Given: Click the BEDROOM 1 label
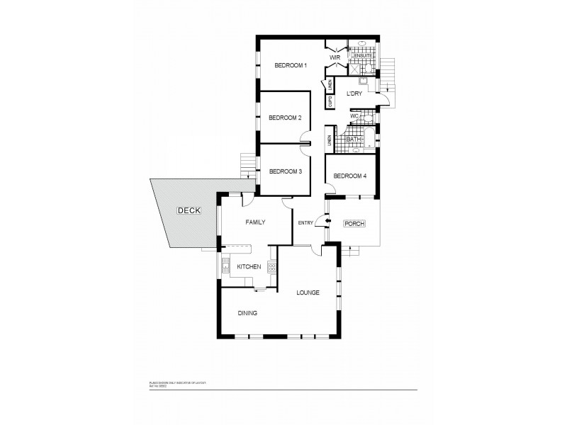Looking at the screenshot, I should point(291,66).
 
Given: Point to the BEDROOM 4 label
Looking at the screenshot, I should point(349,176).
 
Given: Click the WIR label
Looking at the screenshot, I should point(336,57).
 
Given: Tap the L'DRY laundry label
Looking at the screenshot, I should point(354,93).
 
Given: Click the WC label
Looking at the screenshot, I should point(354,115).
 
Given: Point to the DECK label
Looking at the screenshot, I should point(189,210).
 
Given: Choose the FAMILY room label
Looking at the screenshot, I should point(255,222).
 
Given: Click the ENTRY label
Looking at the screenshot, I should point(305,224).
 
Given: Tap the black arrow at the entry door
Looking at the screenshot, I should point(327,224).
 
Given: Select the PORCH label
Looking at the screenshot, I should point(354,224).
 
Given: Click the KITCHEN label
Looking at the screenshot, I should point(249,266).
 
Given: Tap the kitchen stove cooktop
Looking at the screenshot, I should point(271,267).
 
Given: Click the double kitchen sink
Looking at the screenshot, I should point(226,266).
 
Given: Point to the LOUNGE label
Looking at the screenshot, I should point(308,293).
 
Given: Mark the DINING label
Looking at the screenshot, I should point(247,312).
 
